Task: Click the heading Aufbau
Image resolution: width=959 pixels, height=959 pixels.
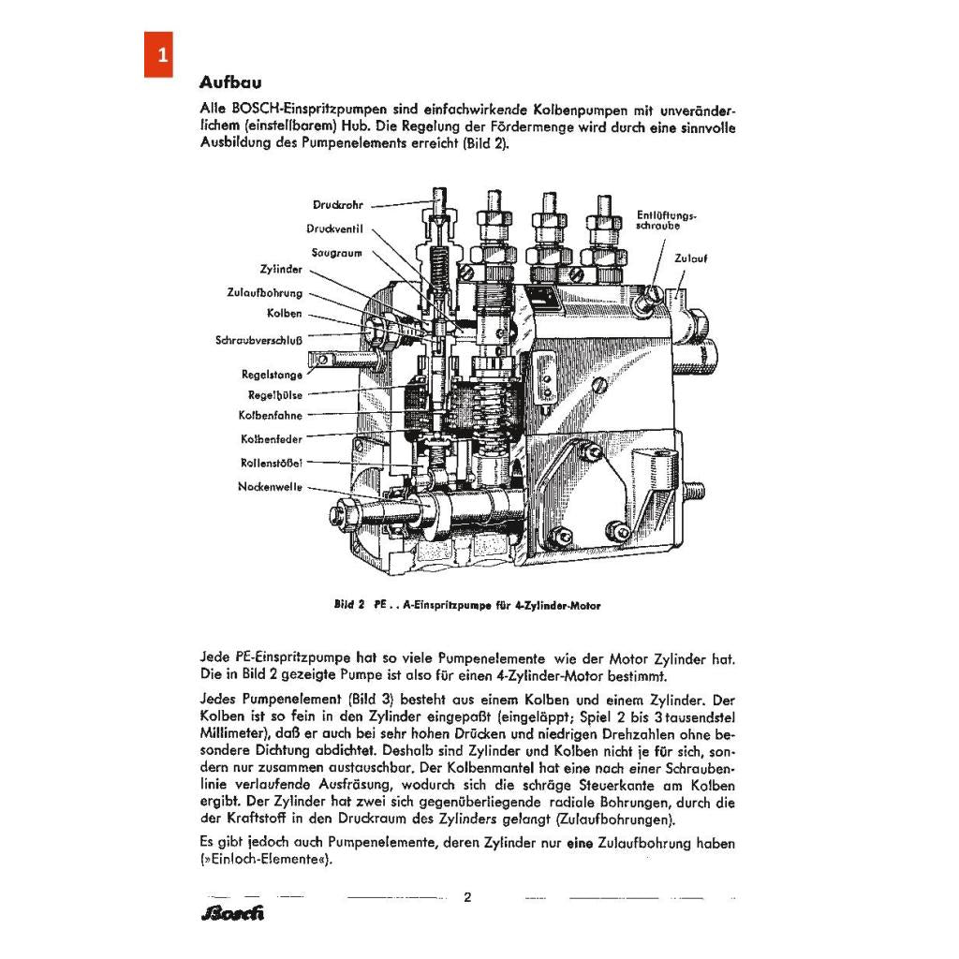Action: point(230,81)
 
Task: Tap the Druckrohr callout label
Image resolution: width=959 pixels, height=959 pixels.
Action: point(337,205)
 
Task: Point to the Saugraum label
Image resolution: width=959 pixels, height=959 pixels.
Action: point(336,252)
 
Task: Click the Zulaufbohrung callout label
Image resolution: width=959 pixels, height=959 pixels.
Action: point(264,292)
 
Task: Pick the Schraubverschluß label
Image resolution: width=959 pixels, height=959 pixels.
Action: point(258,340)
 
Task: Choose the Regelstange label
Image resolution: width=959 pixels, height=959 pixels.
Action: point(272,375)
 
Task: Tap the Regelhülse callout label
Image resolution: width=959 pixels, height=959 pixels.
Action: point(274,394)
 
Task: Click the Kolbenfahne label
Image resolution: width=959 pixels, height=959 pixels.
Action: point(271,415)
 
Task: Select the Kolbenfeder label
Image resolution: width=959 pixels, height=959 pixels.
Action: point(271,438)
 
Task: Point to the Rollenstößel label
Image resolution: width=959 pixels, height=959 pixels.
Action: point(271,463)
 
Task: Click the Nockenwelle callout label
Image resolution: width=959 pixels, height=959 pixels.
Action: point(270,487)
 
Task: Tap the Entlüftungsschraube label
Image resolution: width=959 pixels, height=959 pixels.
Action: point(666,220)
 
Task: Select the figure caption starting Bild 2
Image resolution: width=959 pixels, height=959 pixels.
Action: point(466,605)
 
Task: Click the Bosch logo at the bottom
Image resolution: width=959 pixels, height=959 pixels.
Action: point(232,912)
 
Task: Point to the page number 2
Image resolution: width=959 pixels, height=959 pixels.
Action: point(467,897)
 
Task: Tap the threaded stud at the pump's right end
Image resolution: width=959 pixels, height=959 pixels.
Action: point(696,489)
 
